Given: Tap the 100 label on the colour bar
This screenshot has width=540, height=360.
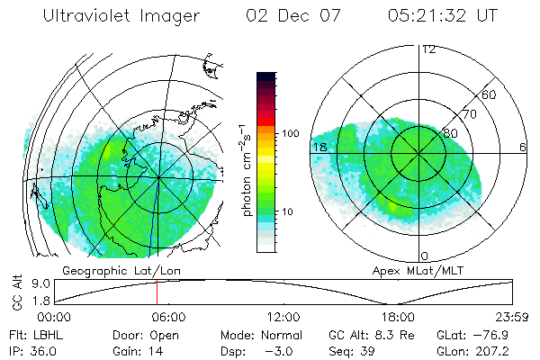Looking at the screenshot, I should point(289,133).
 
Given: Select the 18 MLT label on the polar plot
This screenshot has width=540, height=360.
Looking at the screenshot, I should point(319,147).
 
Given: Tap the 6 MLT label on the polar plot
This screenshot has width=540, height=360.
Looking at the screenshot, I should point(523,147).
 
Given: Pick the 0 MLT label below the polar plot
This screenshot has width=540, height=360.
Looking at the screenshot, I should point(424,256).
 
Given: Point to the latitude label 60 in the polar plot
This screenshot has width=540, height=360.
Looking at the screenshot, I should point(490,94).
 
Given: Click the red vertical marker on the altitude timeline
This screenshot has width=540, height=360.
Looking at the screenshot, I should point(157,292).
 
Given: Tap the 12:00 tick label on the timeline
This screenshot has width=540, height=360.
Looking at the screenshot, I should point(283,317).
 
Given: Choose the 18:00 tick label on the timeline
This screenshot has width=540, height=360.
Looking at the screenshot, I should point(398,317).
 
